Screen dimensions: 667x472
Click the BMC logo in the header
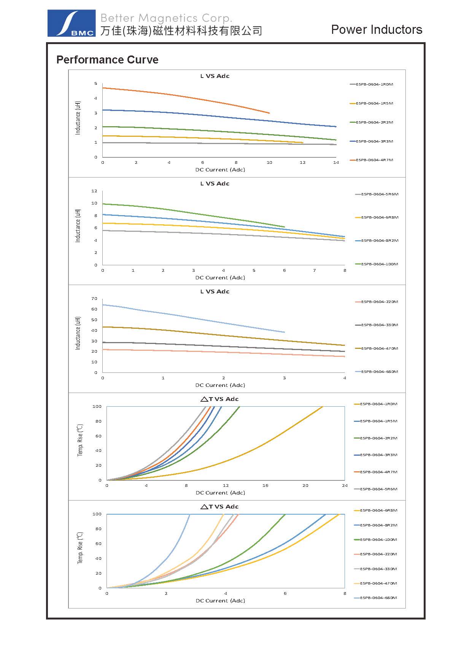point(72,24)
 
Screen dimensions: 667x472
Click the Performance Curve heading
point(107,60)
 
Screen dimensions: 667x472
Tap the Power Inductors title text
point(377,30)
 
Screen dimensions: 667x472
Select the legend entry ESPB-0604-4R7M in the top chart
point(374,160)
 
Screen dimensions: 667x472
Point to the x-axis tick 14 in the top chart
point(336,163)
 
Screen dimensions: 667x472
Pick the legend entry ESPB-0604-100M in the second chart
point(379,264)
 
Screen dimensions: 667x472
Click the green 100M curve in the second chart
point(190,213)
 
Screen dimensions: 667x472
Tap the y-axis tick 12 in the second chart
point(94,191)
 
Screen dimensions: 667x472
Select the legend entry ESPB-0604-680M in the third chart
point(379,372)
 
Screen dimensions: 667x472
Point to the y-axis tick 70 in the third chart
point(94,299)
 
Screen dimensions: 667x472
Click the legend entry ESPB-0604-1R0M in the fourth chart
point(378,404)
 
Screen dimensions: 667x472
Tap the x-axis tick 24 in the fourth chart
point(345,486)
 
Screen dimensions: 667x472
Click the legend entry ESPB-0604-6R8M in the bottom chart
point(378,510)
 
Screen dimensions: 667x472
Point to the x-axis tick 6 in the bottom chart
point(285,594)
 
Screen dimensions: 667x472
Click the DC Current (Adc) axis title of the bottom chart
point(220,601)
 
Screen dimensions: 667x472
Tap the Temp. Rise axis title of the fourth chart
point(80,440)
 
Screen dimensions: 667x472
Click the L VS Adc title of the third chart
point(215,292)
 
